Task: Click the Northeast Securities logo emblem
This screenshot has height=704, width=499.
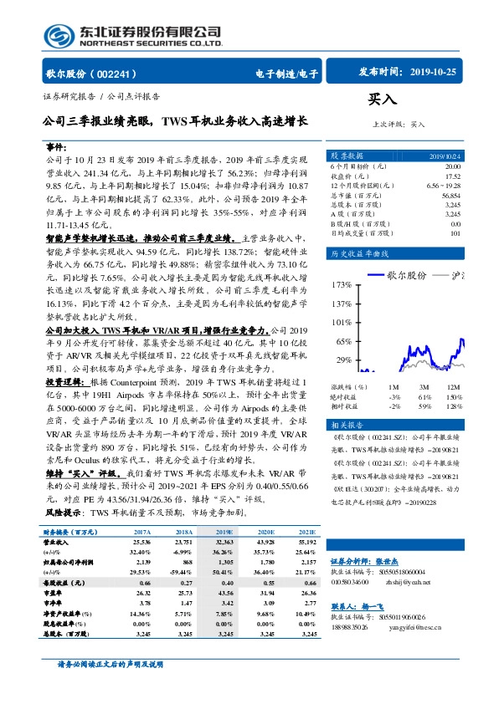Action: point(58,37)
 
